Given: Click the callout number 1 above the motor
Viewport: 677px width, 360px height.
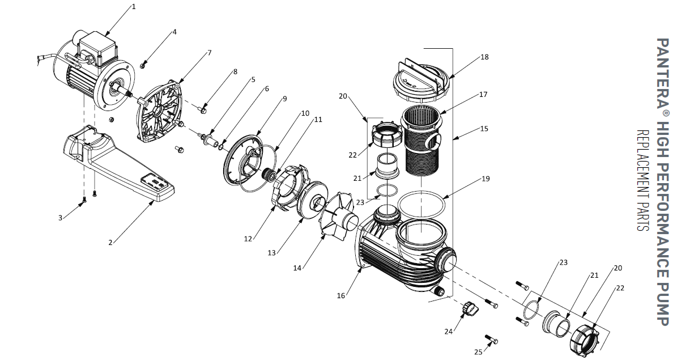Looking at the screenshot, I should [134, 7].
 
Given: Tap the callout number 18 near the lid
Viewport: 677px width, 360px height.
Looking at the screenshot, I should [484, 57].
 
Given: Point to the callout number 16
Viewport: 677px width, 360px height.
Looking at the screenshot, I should [340, 295].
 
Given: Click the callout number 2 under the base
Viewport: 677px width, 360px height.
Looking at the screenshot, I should [110, 243].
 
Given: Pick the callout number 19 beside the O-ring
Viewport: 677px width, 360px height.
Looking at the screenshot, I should [486, 179].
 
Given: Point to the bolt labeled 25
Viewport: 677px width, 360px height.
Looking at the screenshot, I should [492, 340].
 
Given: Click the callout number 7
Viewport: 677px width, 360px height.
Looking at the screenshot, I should [209, 53].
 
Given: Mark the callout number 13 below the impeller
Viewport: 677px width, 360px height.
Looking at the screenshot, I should [272, 252].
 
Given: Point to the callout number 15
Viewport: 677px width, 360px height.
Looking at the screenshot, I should [484, 129].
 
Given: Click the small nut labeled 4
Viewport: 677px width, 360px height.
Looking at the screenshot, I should [144, 65].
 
